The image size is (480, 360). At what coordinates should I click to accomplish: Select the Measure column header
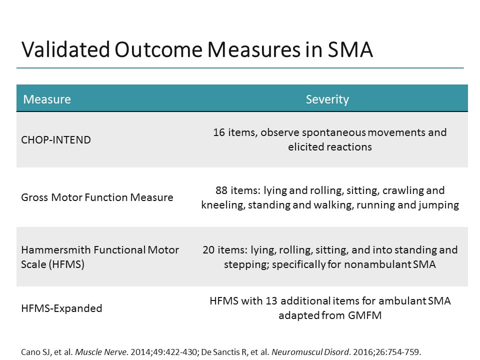pyautogui.click(x=47, y=99)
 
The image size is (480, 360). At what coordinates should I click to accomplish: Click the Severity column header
pyautogui.click(x=327, y=99)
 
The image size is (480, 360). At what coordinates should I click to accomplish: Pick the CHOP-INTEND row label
pyautogui.click(x=56, y=139)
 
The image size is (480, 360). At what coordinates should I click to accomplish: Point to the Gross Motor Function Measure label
pyautogui.click(x=97, y=197)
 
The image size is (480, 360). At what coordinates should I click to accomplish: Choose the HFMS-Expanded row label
pyautogui.click(x=61, y=308)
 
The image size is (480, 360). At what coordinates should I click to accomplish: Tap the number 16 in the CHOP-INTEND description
pyautogui.click(x=219, y=132)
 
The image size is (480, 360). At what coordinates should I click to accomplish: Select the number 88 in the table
pyautogui.click(x=221, y=190)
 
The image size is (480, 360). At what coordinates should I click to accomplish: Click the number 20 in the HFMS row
pyautogui.click(x=208, y=249)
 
